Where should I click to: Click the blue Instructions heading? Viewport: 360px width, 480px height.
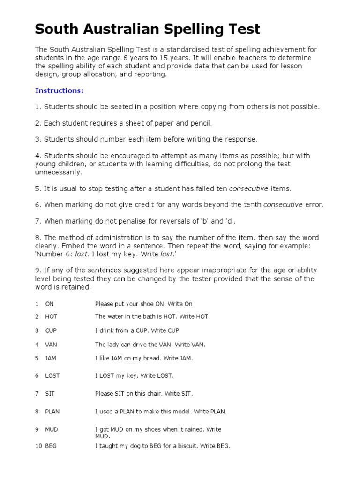[59, 90]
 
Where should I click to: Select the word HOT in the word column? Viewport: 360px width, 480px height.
[51, 316]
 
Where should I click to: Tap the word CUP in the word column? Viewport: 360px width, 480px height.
[51, 330]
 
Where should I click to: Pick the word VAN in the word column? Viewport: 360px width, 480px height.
[51, 345]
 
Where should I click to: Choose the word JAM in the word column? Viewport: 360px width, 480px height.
[51, 358]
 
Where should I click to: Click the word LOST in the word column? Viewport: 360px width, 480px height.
[52, 375]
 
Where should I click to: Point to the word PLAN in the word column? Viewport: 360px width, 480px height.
[52, 412]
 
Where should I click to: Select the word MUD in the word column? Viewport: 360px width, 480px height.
[52, 429]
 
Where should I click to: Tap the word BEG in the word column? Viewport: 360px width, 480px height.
[51, 446]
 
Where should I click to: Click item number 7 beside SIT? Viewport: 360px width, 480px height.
[37, 394]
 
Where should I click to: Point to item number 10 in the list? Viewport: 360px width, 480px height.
[38, 446]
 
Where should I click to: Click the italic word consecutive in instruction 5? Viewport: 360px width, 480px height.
[248, 188]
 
